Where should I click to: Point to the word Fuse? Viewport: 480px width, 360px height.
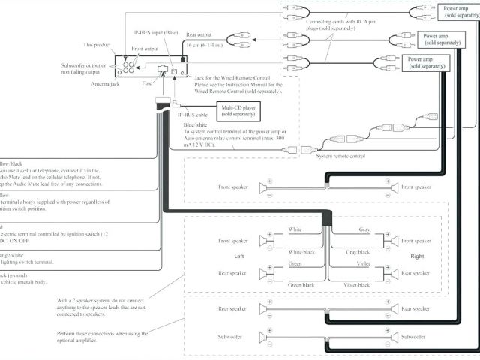pos(148,83)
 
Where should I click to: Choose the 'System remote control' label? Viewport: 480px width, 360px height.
pos(340,156)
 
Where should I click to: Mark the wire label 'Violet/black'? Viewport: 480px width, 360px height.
pos(356,286)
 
